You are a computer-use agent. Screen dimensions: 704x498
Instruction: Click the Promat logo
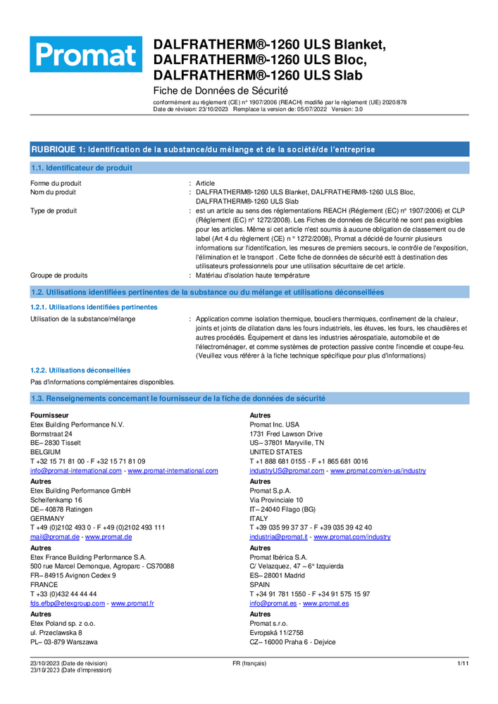(x=85, y=54)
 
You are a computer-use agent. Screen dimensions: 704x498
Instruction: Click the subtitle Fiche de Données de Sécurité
(x=220, y=91)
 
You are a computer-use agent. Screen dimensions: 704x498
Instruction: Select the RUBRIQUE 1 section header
(x=203, y=149)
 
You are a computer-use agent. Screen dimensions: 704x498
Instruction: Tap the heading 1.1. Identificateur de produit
(x=81, y=168)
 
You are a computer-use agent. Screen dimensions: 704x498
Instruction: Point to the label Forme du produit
(x=56, y=183)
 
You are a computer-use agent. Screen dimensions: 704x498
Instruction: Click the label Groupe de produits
(x=58, y=275)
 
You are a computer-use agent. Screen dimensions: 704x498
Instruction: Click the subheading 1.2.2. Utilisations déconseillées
(x=80, y=370)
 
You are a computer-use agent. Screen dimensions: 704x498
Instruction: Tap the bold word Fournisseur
(x=49, y=415)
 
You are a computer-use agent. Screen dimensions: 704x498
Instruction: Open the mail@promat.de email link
(x=55, y=536)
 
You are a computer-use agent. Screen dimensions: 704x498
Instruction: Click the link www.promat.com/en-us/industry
(x=378, y=470)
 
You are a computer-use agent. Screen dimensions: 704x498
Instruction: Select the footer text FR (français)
(x=249, y=663)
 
